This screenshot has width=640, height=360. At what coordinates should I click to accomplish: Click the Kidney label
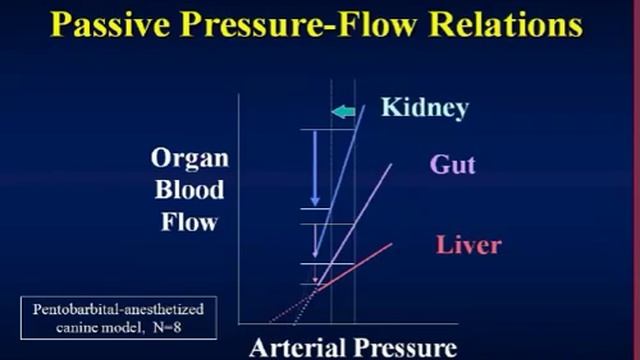click(x=424, y=107)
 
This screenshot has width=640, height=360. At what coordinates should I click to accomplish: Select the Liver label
click(x=468, y=244)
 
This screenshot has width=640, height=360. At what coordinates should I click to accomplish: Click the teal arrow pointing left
click(x=343, y=111)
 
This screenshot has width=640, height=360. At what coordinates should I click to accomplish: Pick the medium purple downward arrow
click(x=315, y=241)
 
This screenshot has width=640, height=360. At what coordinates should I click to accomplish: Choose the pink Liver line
click(x=360, y=262)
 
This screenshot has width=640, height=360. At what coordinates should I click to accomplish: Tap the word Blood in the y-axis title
click(x=190, y=190)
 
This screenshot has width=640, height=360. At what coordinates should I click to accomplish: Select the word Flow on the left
click(x=189, y=220)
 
